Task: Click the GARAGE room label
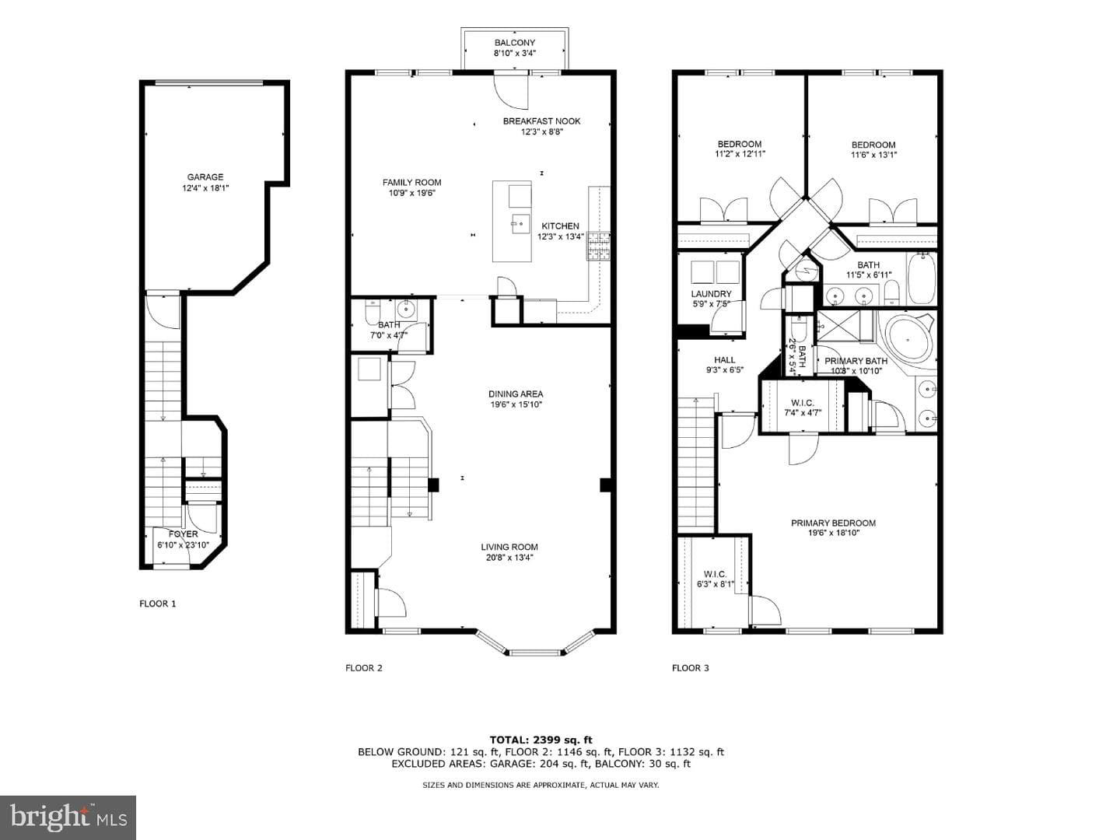click(x=205, y=177)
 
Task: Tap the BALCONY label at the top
click(x=514, y=43)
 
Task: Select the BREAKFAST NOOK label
click(x=541, y=121)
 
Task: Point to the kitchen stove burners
click(x=598, y=247)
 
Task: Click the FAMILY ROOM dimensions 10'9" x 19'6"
click(x=411, y=193)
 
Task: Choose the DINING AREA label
click(x=516, y=394)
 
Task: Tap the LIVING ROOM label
click(x=509, y=547)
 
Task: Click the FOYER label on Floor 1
click(x=184, y=534)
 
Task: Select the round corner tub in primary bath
click(x=908, y=339)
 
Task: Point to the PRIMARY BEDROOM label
click(x=833, y=523)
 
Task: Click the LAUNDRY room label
click(x=711, y=294)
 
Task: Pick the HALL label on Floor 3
click(x=725, y=359)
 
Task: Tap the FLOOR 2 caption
click(x=364, y=668)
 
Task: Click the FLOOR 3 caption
click(x=691, y=668)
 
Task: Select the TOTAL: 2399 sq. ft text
click(x=541, y=740)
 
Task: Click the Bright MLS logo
click(x=68, y=817)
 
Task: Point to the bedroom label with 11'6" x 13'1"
click(x=873, y=145)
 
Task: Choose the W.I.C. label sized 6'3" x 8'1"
click(x=715, y=574)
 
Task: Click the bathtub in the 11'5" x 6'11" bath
click(x=922, y=279)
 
